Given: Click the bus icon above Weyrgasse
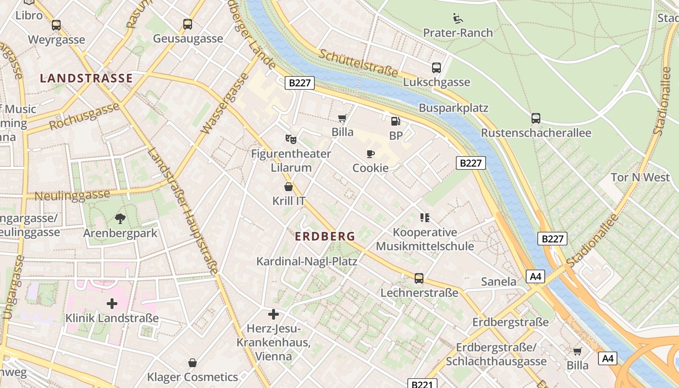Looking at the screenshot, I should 56,25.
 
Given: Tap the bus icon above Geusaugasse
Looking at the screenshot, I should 188,24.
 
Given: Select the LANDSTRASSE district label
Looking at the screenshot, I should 86,78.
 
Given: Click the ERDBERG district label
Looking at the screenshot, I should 325,237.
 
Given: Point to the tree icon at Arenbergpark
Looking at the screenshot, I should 120,219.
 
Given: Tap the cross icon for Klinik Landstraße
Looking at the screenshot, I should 112,304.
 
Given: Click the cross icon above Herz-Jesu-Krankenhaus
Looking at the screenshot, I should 274,314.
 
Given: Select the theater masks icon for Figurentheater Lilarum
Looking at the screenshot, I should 291,139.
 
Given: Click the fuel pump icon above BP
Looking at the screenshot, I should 396,121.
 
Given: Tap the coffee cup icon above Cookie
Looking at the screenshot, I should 371,154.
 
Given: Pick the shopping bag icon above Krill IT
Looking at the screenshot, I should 289,187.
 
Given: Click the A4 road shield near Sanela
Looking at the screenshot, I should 535,276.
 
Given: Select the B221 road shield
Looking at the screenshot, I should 421,384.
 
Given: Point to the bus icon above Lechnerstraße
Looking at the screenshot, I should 419,278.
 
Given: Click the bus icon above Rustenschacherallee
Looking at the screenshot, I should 536,118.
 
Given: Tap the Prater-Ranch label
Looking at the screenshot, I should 458,33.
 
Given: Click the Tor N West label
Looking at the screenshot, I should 640,178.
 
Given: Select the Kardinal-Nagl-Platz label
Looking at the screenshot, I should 307,261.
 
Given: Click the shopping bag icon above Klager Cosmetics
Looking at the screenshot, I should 193,363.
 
